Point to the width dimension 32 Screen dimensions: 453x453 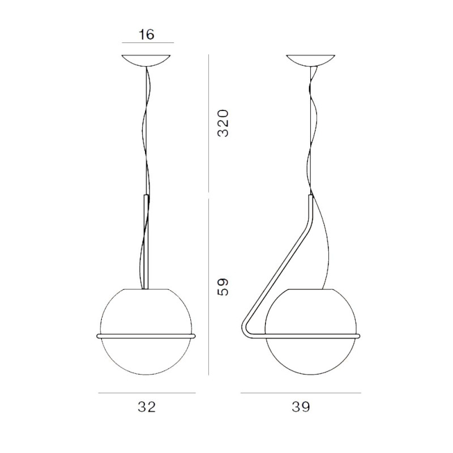pyautogui.click(x=147, y=407)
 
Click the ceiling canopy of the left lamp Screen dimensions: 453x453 pyautogui.click(x=147, y=60)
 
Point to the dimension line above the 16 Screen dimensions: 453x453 pyautogui.click(x=139, y=42)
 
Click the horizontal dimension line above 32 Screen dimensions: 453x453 pyautogui.click(x=147, y=392)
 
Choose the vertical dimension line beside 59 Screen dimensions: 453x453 pyautogui.click(x=210, y=286)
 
